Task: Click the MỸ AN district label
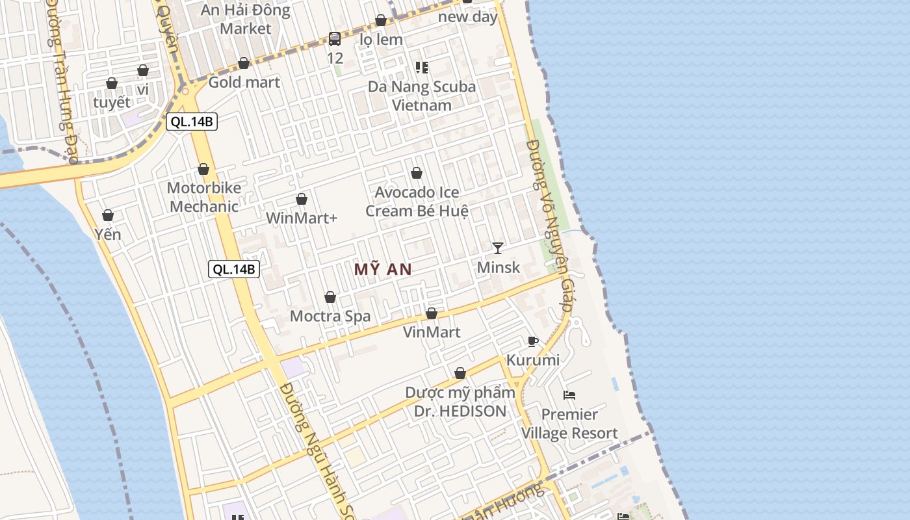383,269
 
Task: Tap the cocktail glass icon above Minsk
498,248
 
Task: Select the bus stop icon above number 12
335,38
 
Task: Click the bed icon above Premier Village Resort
569,395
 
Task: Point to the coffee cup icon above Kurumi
533,341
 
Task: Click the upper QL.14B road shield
191,121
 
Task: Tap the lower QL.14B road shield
234,269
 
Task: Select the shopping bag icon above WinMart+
302,199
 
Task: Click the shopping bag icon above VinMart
432,314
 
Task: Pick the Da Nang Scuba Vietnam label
422,96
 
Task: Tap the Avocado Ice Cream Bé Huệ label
417,201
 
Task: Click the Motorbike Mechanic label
203,197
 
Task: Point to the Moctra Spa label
330,317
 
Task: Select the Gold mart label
244,82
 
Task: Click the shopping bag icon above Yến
108,215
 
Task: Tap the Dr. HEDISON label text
460,411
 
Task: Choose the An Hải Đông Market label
245,19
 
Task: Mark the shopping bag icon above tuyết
112,83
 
